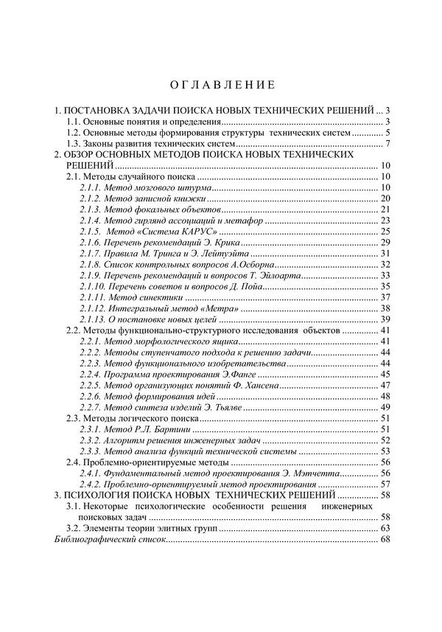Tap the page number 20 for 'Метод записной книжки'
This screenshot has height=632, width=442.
tap(384, 199)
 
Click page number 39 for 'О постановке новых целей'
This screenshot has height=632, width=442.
tap(384, 319)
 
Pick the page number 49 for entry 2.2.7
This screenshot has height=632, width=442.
tap(384, 406)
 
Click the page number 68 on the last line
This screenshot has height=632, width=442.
tap(384, 540)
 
